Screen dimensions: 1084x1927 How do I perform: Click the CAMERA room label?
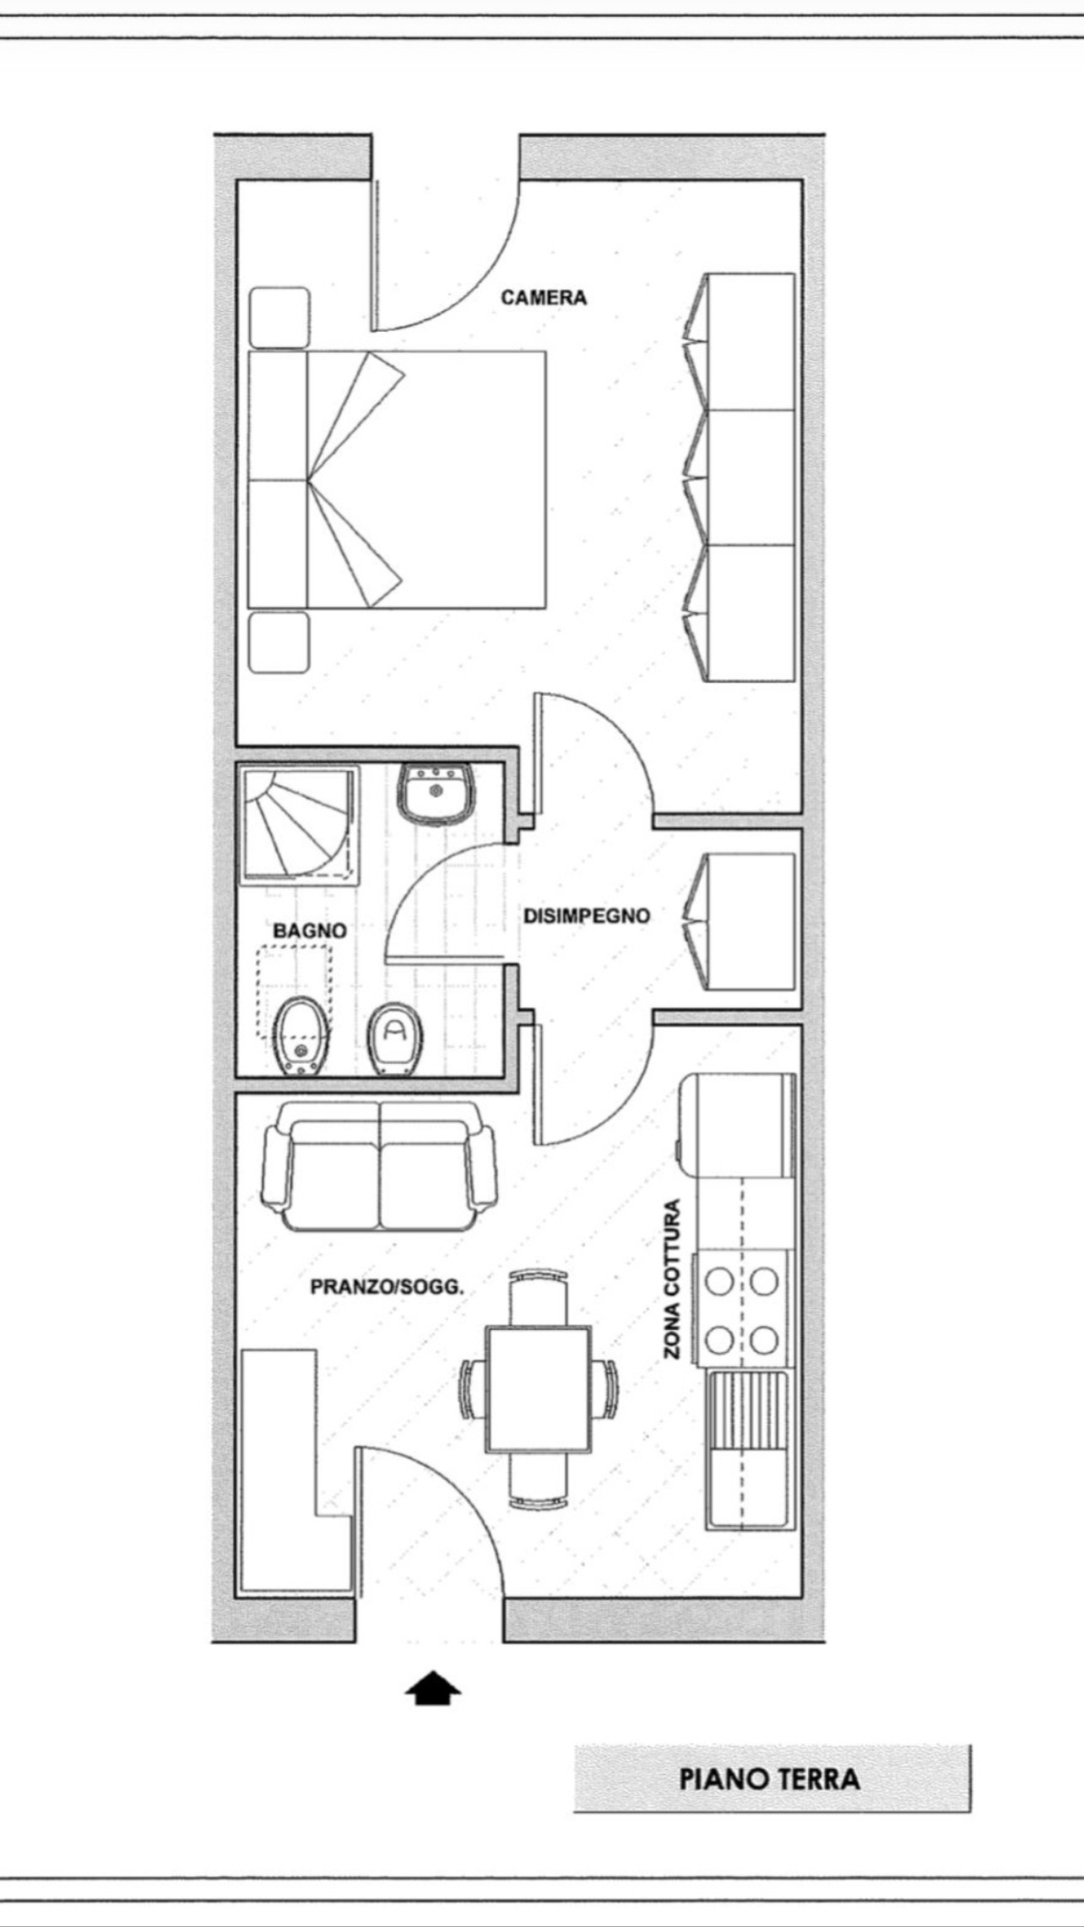tap(544, 297)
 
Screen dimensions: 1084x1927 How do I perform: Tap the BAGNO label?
tap(310, 931)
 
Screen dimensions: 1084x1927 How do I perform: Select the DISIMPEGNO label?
tap(587, 915)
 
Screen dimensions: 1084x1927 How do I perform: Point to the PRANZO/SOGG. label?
tap(388, 1288)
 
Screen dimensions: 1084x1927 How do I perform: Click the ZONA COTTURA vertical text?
tap(671, 1280)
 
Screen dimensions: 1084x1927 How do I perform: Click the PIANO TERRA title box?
tap(772, 1779)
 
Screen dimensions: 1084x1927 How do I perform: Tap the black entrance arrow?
tap(433, 1689)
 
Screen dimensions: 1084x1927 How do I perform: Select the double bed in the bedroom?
tap(397, 480)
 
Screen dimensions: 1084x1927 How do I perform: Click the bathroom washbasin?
tap(436, 793)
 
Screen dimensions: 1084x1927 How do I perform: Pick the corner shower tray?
tap(301, 825)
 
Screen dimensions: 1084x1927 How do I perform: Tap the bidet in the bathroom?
tap(298, 1036)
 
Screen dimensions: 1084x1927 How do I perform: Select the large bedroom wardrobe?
tap(740, 477)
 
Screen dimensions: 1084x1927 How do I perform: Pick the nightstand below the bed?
tap(279, 643)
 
